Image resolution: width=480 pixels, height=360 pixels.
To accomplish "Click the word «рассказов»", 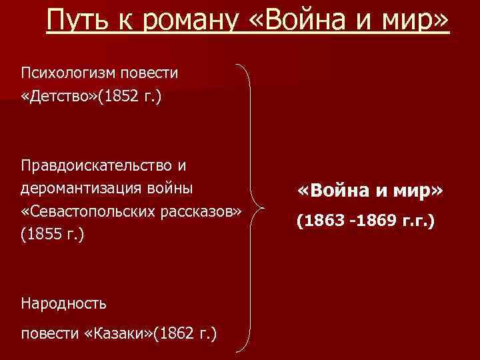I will (x=197, y=211).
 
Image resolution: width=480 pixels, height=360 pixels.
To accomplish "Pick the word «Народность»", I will (x=63, y=303).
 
